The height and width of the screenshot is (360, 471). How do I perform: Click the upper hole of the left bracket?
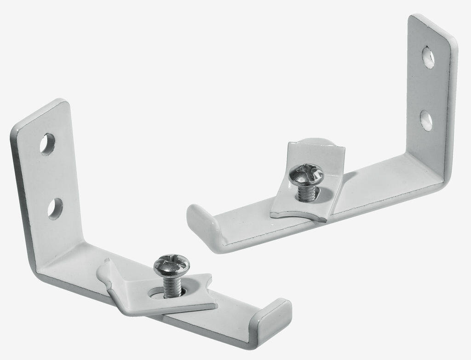click(47, 144)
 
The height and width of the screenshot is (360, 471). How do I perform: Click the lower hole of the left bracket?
click(55, 209)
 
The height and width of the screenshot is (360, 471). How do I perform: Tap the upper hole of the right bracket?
click(428, 57)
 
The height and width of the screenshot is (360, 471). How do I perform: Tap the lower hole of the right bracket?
click(427, 120)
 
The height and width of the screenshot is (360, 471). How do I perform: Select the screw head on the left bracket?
click(172, 263)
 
